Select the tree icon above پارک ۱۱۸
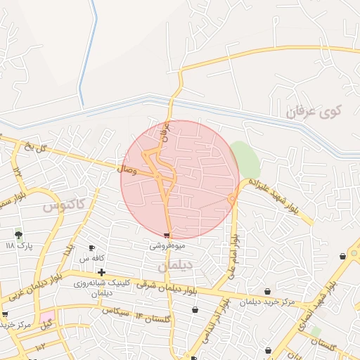tap(18, 234)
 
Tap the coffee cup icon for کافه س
tap(91, 248)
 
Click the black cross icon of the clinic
tap(102, 272)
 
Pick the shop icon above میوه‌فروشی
tap(167, 235)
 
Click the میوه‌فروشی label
tap(167, 246)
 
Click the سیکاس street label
tap(116, 310)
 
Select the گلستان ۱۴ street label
tap(155, 318)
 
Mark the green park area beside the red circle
tap(245, 160)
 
